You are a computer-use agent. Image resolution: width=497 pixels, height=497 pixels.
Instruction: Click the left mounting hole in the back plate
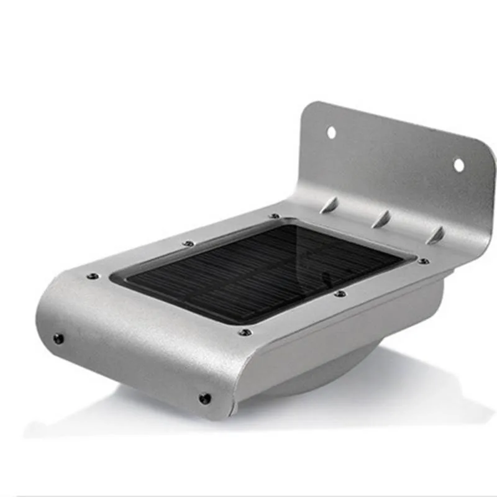[x=331, y=132]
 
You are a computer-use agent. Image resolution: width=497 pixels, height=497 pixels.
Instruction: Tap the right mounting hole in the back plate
[x=458, y=165]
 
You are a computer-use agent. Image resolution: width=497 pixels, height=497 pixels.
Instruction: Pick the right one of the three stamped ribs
[x=437, y=235]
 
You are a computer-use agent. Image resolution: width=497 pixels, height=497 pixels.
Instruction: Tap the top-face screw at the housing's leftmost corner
[x=93, y=275]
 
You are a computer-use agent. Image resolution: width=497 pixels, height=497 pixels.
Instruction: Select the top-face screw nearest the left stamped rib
[x=275, y=216]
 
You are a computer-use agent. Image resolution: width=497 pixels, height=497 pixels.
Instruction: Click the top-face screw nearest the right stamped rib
[x=423, y=261]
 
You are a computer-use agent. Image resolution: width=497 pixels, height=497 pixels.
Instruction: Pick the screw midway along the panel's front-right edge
[x=339, y=293]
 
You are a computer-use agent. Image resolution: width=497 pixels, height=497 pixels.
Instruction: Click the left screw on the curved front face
[x=58, y=339]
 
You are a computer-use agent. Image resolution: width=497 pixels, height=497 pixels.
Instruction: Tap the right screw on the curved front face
[x=204, y=398]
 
